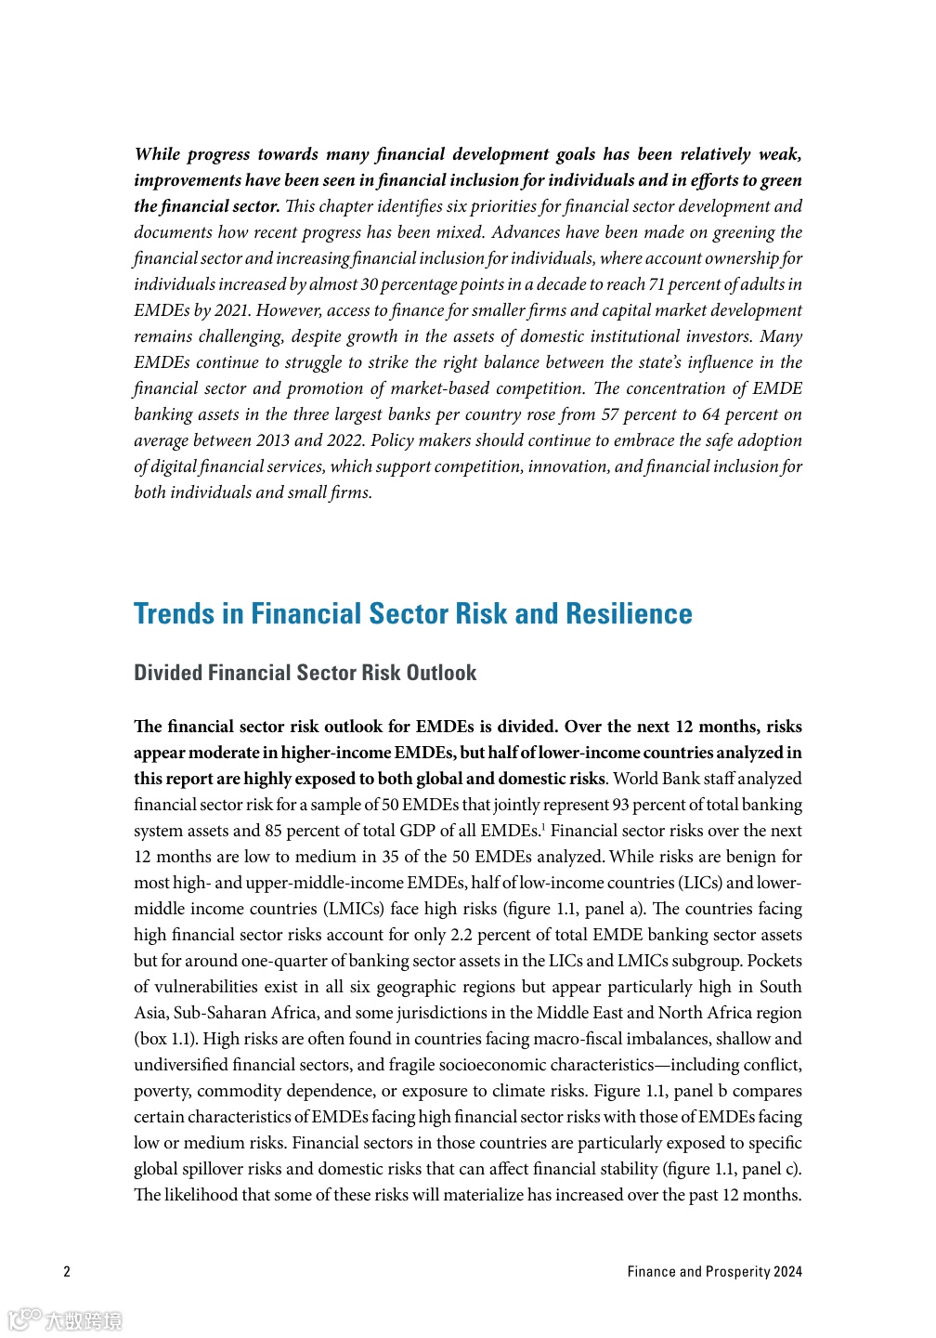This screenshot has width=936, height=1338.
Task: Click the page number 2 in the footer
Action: click(67, 1271)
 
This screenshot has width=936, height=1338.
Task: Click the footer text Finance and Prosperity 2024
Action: click(714, 1271)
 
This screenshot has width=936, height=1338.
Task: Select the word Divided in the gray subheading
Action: click(168, 673)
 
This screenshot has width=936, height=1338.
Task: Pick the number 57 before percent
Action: click(611, 414)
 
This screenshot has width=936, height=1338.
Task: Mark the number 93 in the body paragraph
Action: click(621, 805)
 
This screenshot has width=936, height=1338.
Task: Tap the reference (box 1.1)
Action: click(166, 1039)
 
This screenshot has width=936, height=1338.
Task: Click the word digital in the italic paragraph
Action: click(173, 466)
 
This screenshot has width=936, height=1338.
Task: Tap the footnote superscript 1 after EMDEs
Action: click(543, 826)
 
